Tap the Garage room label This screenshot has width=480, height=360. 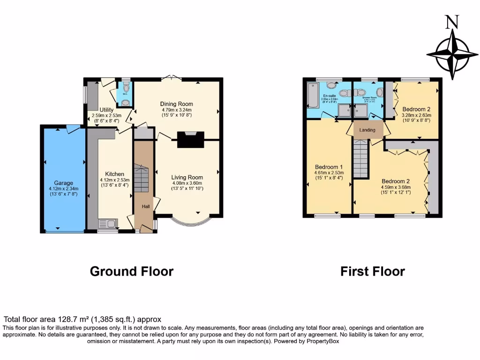(x=63, y=183)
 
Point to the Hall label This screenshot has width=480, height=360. (x=143, y=205)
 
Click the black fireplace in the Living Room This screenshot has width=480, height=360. (x=191, y=140)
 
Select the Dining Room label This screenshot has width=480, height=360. (x=177, y=104)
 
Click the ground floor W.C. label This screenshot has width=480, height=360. (x=125, y=94)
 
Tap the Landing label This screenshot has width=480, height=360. (x=367, y=130)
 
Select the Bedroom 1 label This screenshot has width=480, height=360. (x=329, y=167)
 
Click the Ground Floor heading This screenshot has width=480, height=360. (x=131, y=271)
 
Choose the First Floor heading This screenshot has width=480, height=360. (x=372, y=271)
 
